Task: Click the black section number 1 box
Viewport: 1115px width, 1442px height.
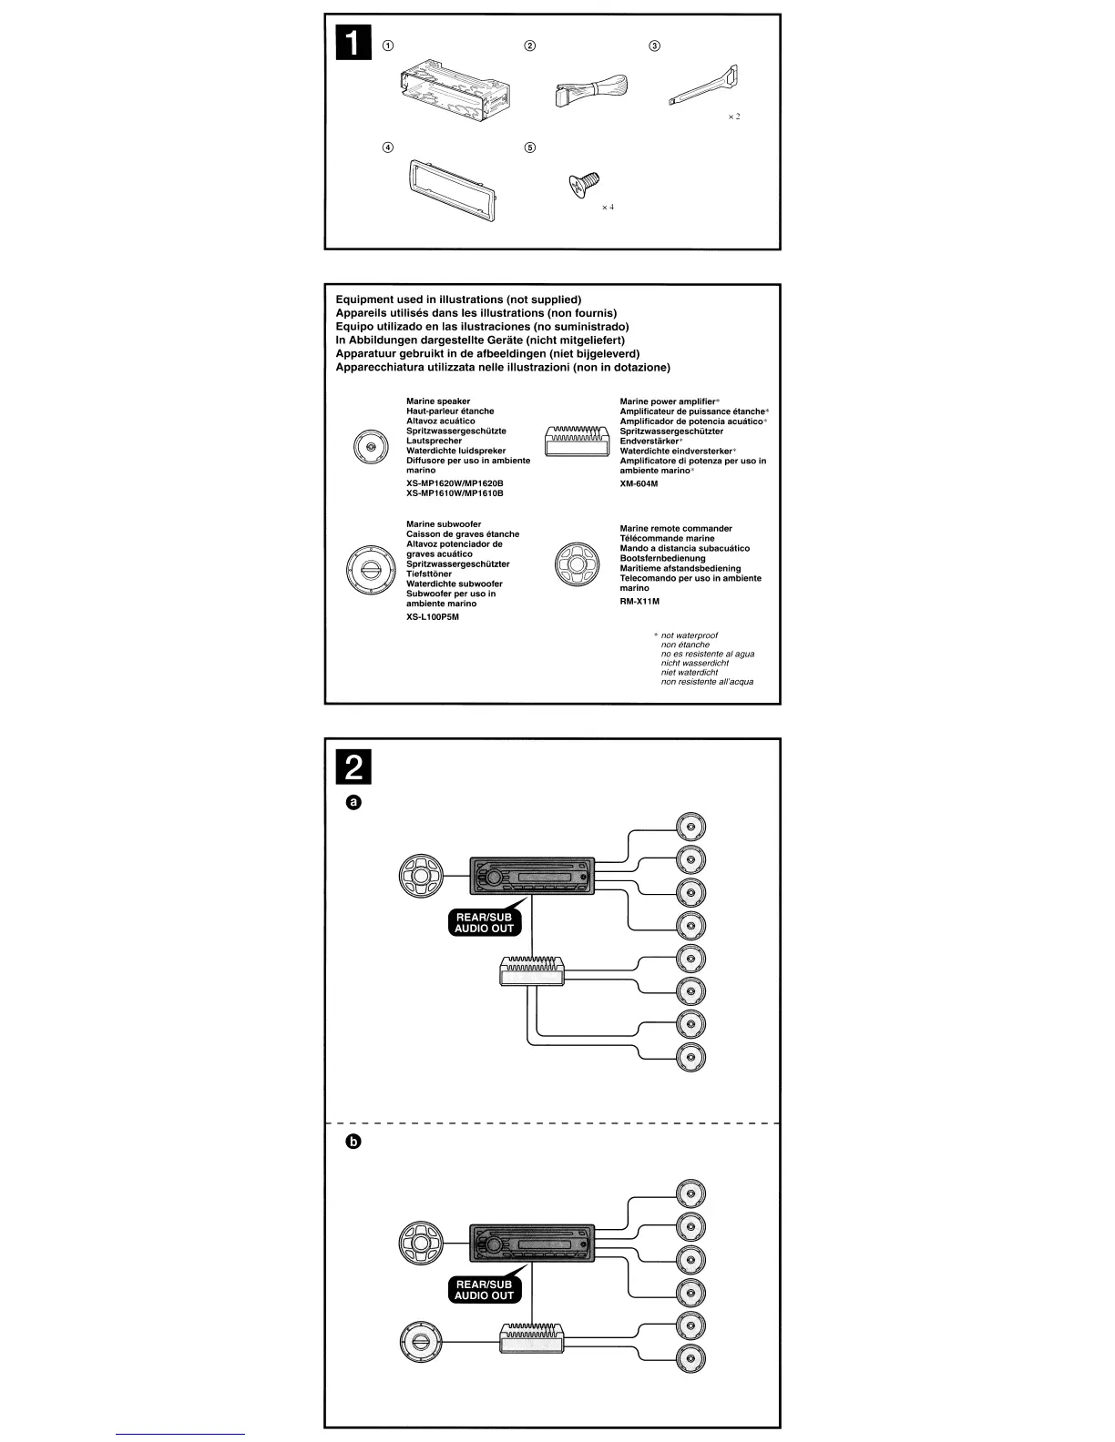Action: tap(354, 44)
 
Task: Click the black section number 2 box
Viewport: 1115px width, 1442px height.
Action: tap(354, 768)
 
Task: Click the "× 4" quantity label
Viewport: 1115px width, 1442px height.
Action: tap(608, 208)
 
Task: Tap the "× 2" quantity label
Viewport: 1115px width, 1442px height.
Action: tap(733, 117)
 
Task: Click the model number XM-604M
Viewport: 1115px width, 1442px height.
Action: tap(639, 483)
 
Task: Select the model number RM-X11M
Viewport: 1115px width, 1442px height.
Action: tap(639, 601)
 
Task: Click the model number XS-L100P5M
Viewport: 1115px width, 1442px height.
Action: tap(433, 616)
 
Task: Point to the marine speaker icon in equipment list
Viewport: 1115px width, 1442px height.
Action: tap(370, 447)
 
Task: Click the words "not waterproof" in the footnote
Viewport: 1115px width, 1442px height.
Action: tap(695, 635)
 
